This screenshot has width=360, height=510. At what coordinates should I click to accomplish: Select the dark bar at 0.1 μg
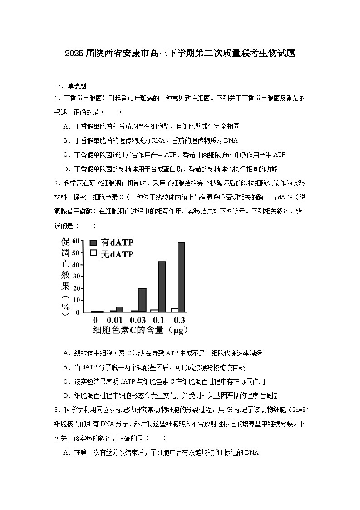(162, 287)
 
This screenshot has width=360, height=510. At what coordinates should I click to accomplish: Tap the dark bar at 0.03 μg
(142, 300)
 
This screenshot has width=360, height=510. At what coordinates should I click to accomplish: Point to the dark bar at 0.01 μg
(120, 309)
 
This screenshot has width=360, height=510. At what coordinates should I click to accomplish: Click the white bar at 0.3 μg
(174, 310)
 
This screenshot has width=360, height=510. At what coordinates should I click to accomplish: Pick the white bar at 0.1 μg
(154, 311)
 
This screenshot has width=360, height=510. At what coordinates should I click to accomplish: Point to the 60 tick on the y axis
(76, 241)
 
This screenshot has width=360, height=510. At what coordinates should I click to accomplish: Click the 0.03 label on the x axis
(138, 320)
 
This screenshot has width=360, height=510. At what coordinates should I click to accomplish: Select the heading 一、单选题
(70, 86)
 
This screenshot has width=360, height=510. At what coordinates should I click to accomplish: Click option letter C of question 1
(66, 155)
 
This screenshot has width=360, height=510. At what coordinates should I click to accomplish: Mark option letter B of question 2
(66, 367)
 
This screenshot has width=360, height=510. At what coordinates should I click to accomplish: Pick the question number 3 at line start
(56, 410)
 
